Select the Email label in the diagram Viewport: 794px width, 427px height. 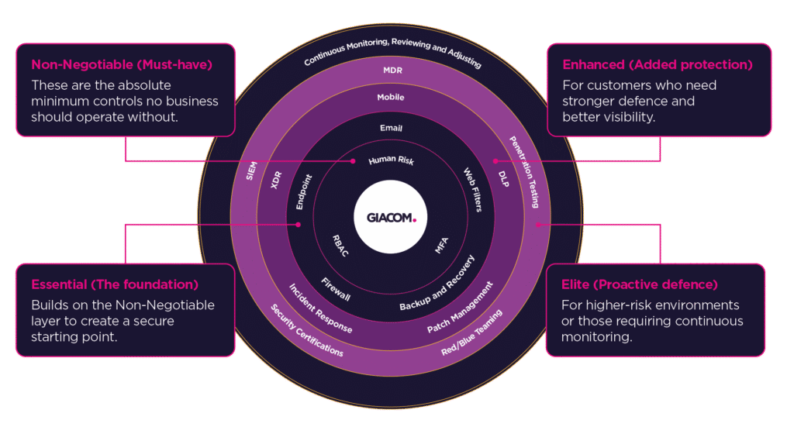tap(392, 128)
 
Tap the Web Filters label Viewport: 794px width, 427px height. tap(473, 190)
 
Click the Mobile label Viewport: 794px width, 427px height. tap(392, 98)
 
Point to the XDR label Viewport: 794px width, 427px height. tap(275, 181)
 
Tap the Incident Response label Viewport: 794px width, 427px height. tap(320, 309)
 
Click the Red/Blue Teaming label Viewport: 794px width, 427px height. tap(472, 334)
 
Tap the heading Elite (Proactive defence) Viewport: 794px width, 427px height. tap(640, 284)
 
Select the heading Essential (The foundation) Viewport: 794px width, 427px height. tap(115, 284)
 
